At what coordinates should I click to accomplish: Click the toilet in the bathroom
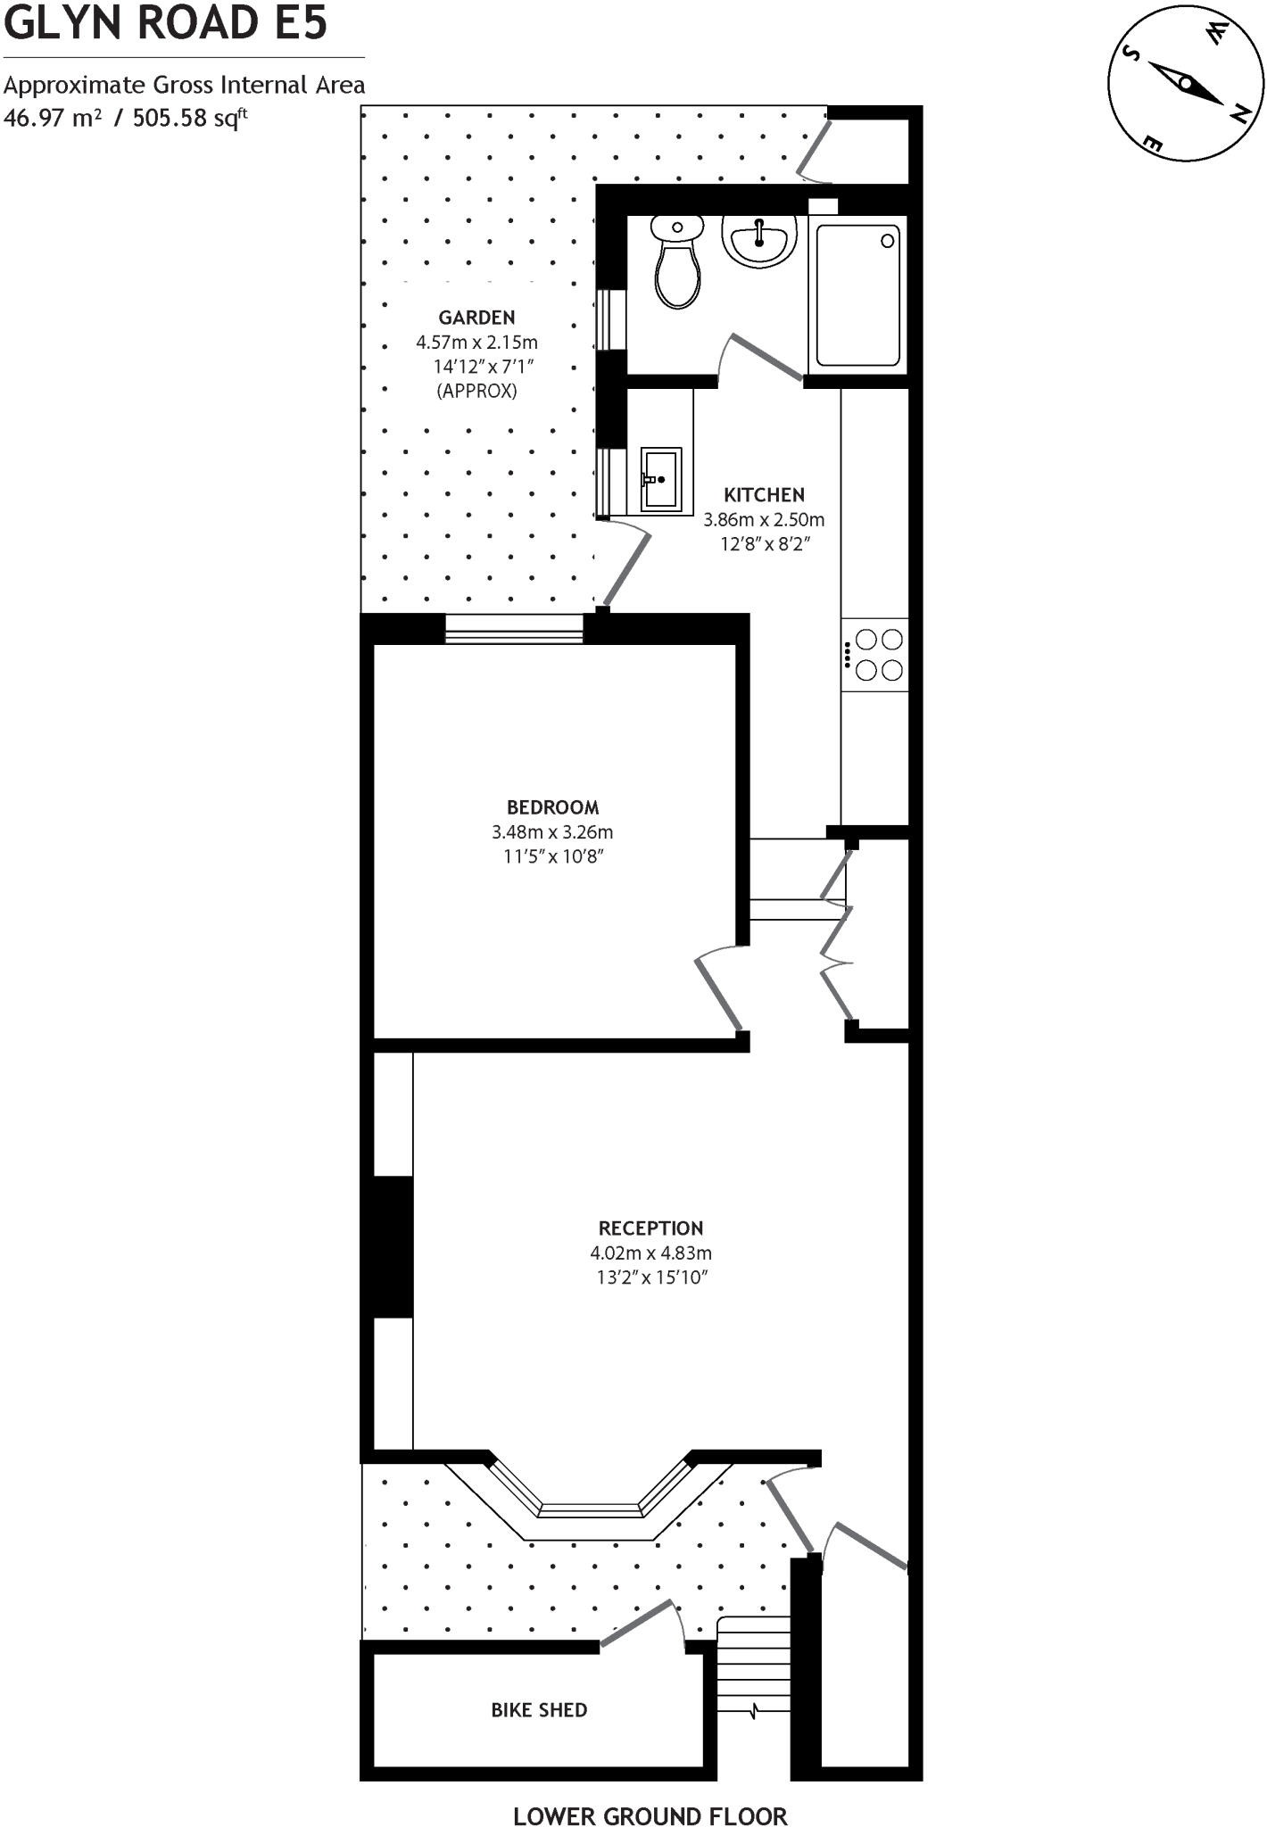pyautogui.click(x=677, y=263)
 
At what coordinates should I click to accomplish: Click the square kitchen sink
pyautogui.click(x=661, y=479)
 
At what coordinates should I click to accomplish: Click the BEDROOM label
pyautogui.click(x=552, y=807)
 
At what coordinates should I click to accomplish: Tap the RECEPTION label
pyautogui.click(x=650, y=1228)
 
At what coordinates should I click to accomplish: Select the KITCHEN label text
pyautogui.click(x=764, y=494)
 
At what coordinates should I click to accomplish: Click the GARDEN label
pyautogui.click(x=476, y=318)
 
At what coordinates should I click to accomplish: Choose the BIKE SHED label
pyautogui.click(x=539, y=1710)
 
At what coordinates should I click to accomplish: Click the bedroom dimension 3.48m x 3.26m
pyautogui.click(x=552, y=832)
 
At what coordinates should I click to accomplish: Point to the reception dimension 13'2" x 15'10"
pyautogui.click(x=651, y=1277)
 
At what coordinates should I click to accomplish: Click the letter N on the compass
pyautogui.click(x=1240, y=112)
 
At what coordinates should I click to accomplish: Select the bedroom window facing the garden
pyautogui.click(x=514, y=629)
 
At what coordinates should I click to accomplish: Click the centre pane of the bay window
pyautogui.click(x=592, y=1509)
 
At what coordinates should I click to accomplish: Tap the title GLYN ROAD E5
pyautogui.click(x=166, y=23)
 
